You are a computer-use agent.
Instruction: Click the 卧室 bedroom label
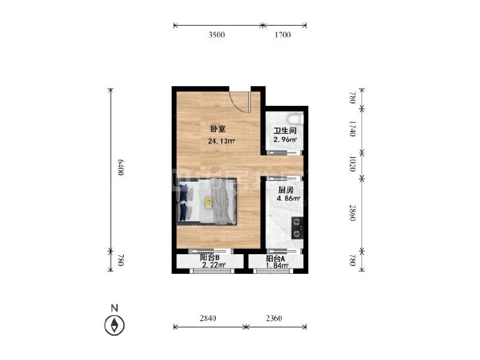pos(218,129)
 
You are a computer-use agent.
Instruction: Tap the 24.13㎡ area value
pos(221,141)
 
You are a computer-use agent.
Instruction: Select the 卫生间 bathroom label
pos(285,131)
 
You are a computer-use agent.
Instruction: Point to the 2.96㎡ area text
pos(285,140)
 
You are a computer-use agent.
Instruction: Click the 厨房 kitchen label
pos(286,190)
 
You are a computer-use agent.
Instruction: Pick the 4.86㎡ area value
pos(288,198)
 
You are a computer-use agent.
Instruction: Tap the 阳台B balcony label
pos(209,258)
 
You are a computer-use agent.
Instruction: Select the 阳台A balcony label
pos(275,259)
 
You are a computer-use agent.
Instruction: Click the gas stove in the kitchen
pos(297,228)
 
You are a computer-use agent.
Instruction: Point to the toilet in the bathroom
pos(296,118)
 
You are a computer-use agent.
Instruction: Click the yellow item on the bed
pos(208,203)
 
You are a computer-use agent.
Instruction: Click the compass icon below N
pos(115,325)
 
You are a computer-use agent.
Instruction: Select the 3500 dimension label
pos(217,35)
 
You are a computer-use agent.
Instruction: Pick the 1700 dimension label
pos(282,35)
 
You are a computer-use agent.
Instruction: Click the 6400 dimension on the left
pos(120,168)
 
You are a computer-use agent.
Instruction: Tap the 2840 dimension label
pos(208,319)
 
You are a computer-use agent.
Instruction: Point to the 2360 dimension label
pos(274,319)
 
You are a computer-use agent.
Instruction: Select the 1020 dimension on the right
pos(352,164)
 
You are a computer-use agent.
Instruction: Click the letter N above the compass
pos(115,308)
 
